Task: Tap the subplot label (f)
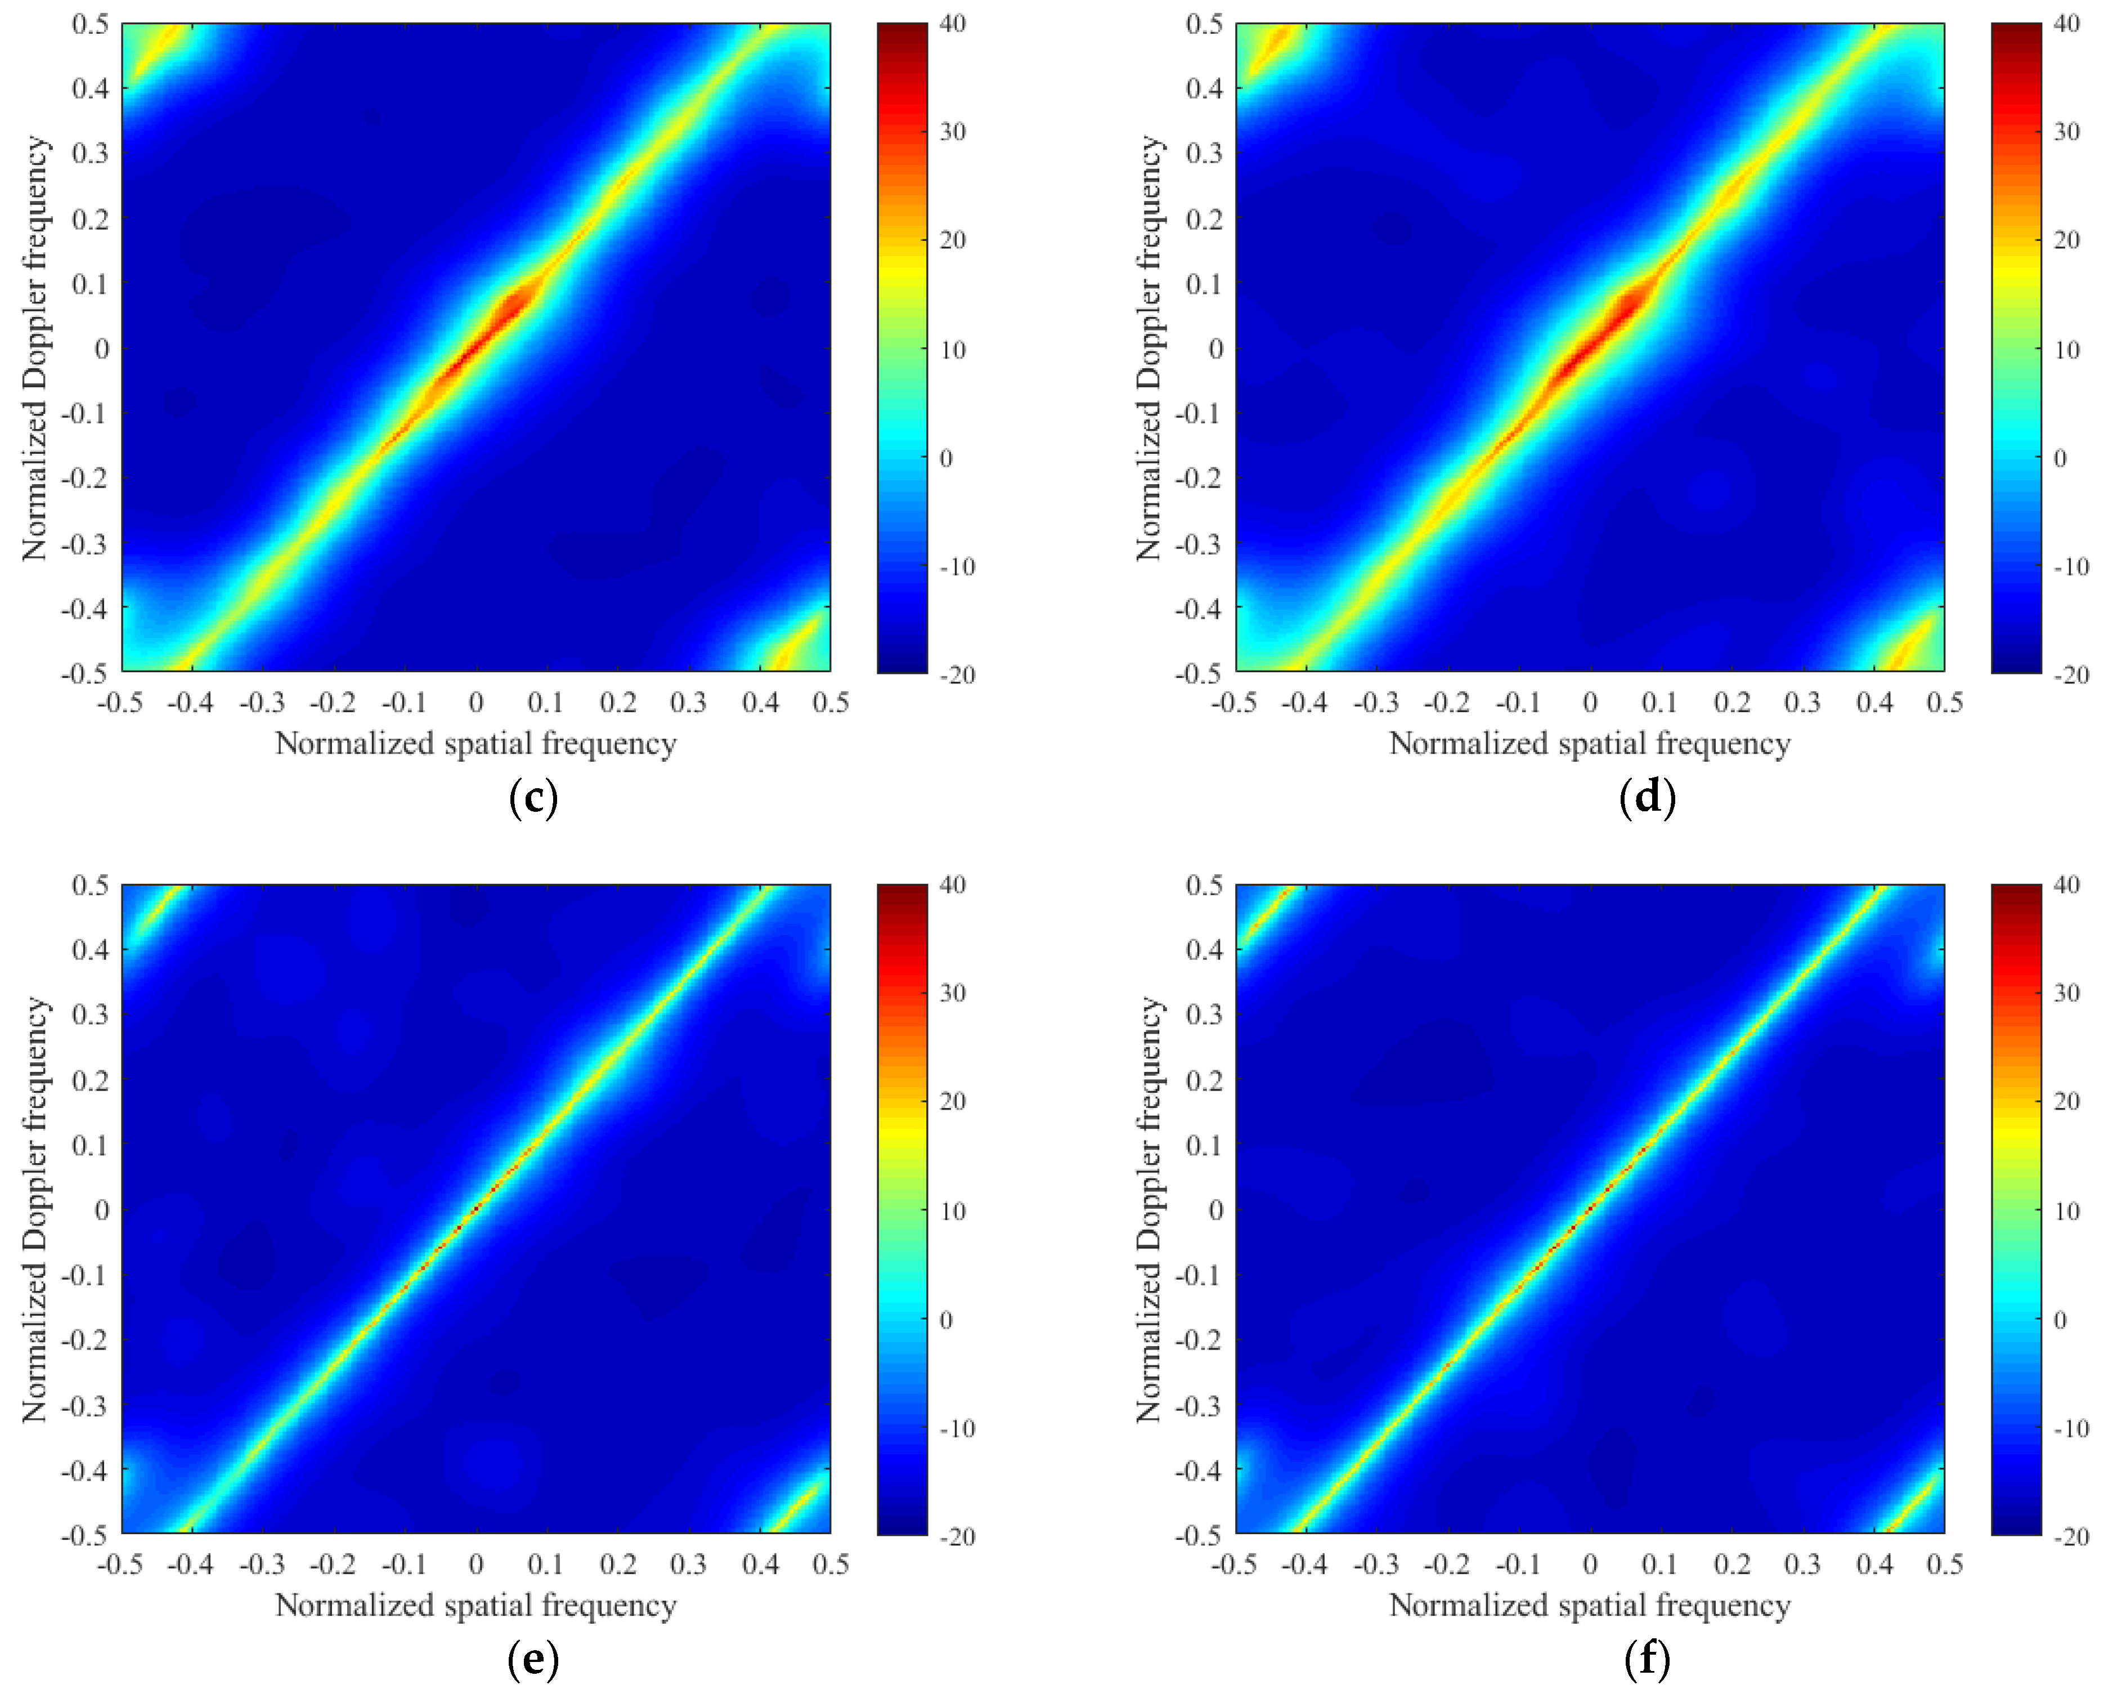[1647, 1660]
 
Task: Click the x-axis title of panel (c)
[476, 744]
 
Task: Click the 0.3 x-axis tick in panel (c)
[688, 703]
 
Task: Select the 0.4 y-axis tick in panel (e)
[90, 949]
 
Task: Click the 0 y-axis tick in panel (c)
[101, 348]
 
